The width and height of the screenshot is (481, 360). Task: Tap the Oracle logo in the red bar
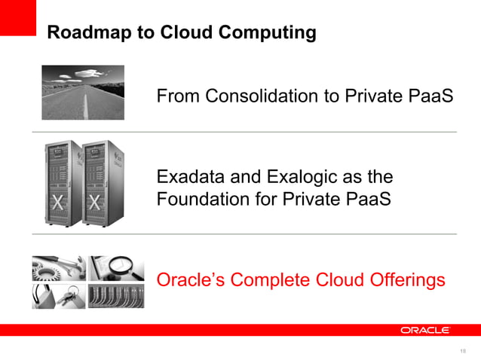point(424,330)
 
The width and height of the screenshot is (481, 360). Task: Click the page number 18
point(462,351)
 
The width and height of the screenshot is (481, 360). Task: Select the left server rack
point(62,183)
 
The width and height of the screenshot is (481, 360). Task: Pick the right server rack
point(101,183)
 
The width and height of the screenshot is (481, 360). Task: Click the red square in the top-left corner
point(17,17)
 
